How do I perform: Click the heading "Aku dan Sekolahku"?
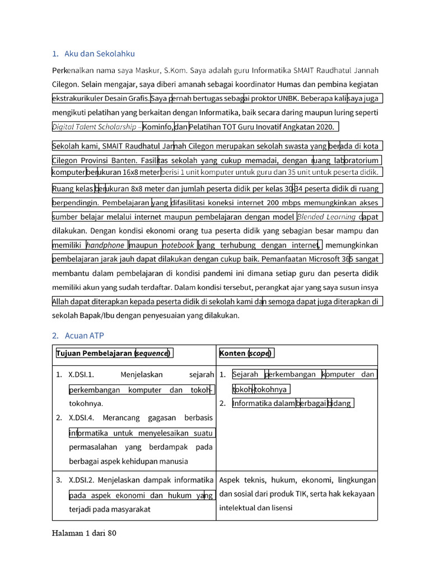click(x=100, y=54)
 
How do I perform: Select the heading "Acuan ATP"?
click(x=84, y=336)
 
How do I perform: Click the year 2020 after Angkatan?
click(x=324, y=127)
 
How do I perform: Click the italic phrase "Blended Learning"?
click(x=326, y=217)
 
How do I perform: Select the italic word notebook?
click(x=178, y=245)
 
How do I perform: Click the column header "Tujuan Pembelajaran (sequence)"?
click(x=114, y=353)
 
